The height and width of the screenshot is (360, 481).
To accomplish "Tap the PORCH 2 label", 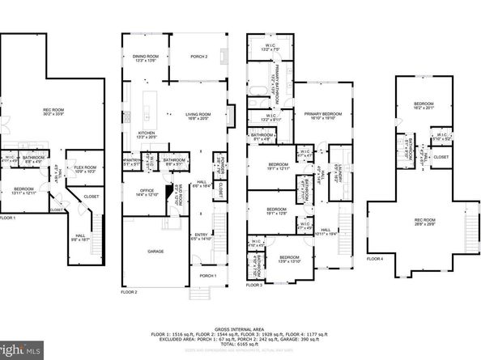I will (x=199, y=56).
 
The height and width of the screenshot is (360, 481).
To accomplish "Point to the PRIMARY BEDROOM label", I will (x=319, y=116).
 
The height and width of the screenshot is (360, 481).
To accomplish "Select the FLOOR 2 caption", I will (x=130, y=291).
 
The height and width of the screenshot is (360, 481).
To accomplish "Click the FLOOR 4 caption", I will (x=375, y=259).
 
